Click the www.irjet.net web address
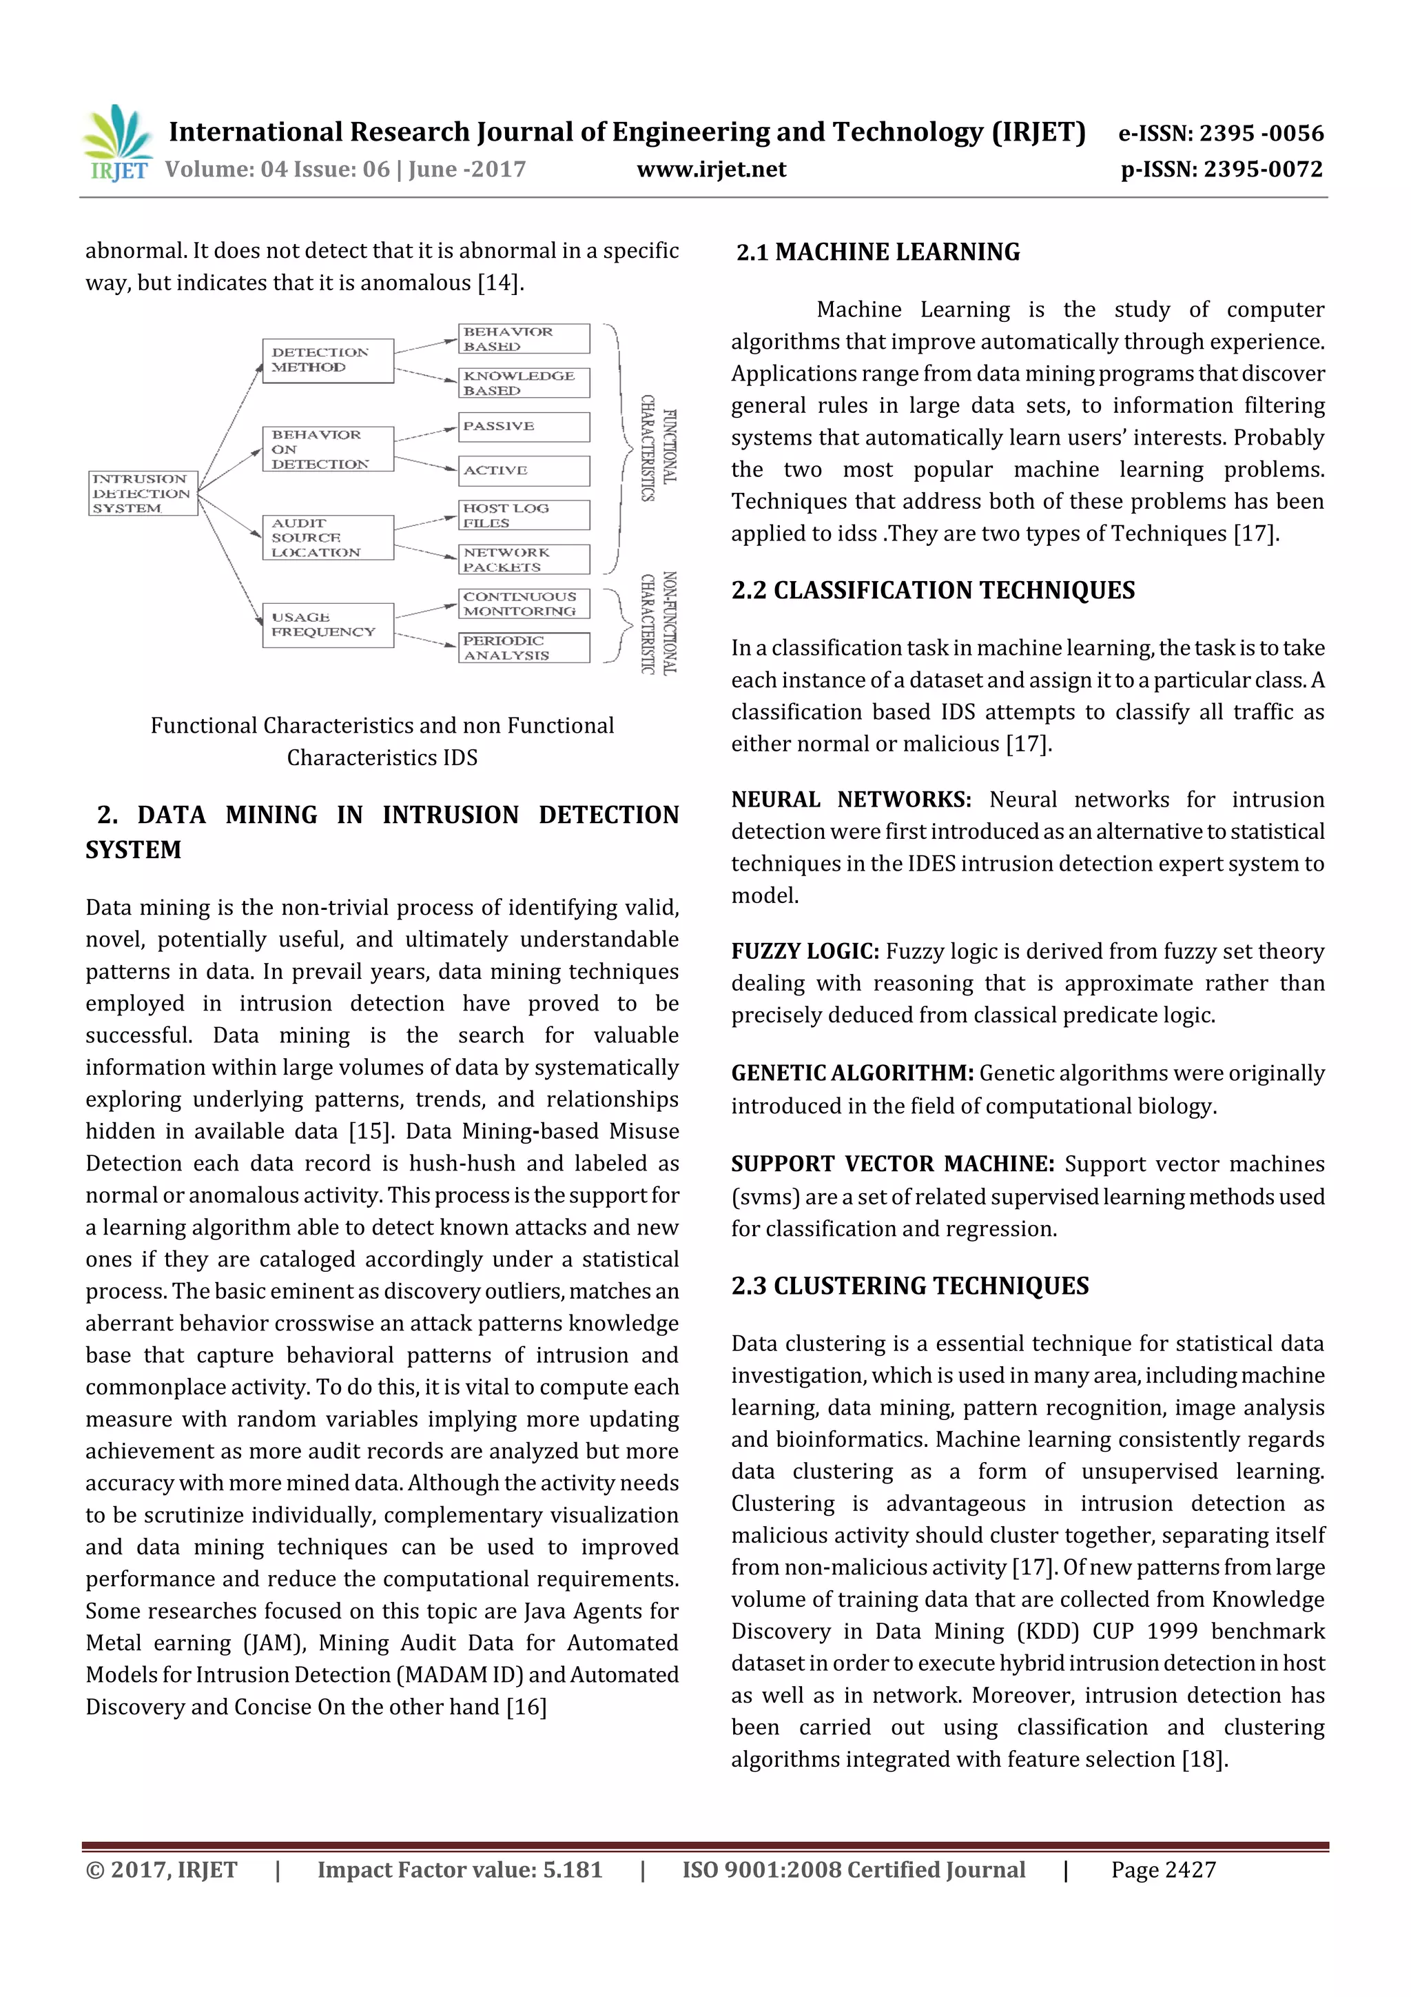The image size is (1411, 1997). pyautogui.click(x=710, y=169)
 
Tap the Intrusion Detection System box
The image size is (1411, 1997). pyautogui.click(x=143, y=493)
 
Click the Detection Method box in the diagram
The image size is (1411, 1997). pyautogui.click(x=328, y=360)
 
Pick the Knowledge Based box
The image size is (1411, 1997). pyautogui.click(x=524, y=383)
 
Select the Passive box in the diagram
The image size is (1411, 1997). pyautogui.click(x=524, y=426)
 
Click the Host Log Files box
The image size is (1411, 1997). pyautogui.click(x=524, y=515)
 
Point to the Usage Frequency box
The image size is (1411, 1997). pyautogui.click(x=328, y=625)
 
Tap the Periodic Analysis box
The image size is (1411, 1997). pyautogui.click(x=524, y=647)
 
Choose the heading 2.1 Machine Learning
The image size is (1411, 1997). pyautogui.click(x=877, y=252)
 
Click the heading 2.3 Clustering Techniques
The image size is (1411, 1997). pyautogui.click(x=909, y=1286)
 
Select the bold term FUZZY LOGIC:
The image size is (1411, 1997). pyautogui.click(x=804, y=951)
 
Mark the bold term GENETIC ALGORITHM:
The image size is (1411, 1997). pyautogui.click(x=851, y=1073)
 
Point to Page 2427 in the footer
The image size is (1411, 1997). pyautogui.click(x=1162, y=1869)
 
